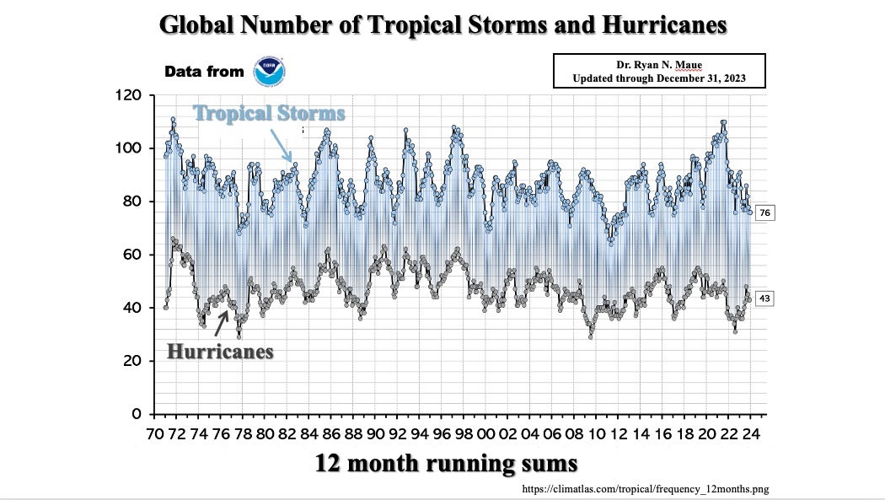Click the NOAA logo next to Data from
coord(271,72)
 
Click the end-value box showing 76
coord(765,212)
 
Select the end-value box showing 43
coord(765,298)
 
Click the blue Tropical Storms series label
coord(269,113)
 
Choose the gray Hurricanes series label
coord(220,351)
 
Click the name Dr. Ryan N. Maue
coord(657,65)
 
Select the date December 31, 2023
coord(696,78)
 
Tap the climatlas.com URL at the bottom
coord(645,488)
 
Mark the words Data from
coord(204,72)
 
